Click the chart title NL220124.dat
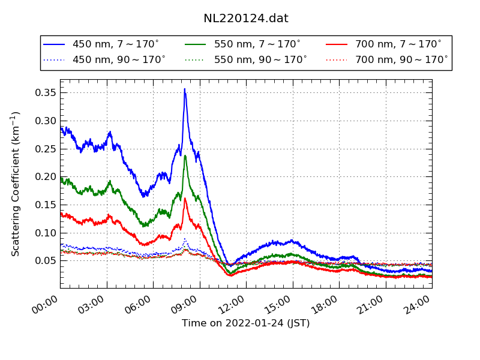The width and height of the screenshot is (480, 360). pyautogui.click(x=246, y=19)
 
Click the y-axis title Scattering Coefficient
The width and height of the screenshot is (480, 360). pyautogui.click(x=16, y=184)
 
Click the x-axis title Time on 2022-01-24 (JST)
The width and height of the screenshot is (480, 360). pyautogui.click(x=246, y=323)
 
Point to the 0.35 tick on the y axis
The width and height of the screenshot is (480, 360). pyautogui.click(x=44, y=92)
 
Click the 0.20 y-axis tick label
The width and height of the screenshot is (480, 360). pyautogui.click(x=44, y=176)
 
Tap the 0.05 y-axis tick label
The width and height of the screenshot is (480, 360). pyautogui.click(x=44, y=260)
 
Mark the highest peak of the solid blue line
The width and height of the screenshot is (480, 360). pyautogui.click(x=185, y=89)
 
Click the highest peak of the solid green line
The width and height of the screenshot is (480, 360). pyautogui.click(x=185, y=155)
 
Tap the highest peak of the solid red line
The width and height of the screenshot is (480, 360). pyautogui.click(x=185, y=198)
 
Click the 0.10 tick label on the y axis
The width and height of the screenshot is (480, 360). pyautogui.click(x=44, y=232)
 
